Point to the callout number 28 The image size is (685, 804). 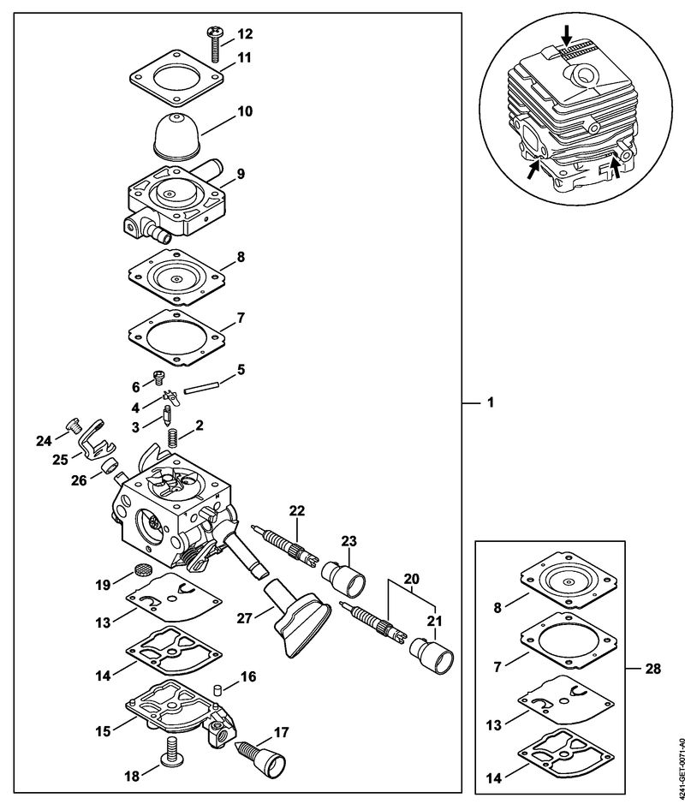(655, 665)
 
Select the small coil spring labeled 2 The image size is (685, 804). (172, 437)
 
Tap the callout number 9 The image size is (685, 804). (241, 173)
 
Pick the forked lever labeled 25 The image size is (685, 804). (93, 439)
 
